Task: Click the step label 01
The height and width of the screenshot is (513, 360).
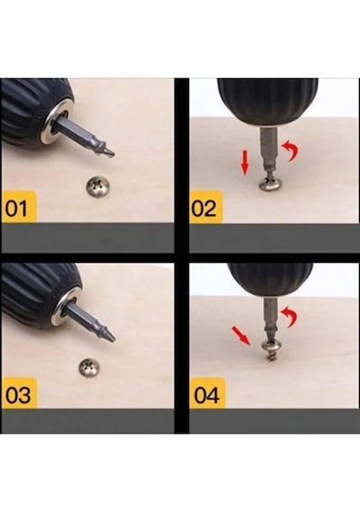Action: coord(17,208)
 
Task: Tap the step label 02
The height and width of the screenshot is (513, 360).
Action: coord(203,209)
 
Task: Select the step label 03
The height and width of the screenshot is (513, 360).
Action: coord(18,394)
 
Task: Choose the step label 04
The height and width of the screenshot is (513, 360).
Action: coord(206,395)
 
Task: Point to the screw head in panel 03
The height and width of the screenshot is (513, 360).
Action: coord(90,368)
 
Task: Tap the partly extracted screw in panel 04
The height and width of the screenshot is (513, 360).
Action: coord(272,351)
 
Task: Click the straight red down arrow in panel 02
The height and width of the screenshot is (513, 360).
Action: coord(245,162)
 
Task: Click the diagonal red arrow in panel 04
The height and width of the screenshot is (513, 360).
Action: coord(241,335)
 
